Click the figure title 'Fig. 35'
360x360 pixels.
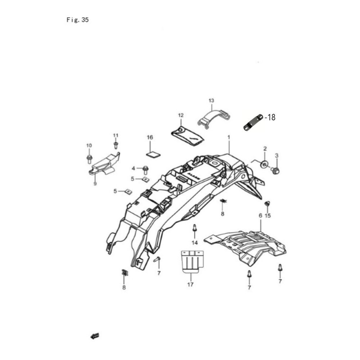[x=77, y=20]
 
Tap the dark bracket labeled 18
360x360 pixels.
[x=253, y=123]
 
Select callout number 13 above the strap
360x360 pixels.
[x=211, y=100]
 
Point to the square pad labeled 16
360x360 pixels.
[x=152, y=154]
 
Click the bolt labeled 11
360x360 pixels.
[x=116, y=145]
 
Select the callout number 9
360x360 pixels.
[x=95, y=184]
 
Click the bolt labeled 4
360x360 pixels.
[x=145, y=168]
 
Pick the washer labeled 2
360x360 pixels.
[x=265, y=164]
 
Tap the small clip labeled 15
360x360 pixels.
[x=267, y=204]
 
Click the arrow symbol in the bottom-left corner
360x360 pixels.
[x=94, y=336]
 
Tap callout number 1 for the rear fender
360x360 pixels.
[x=228, y=137]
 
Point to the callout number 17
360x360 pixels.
[x=190, y=284]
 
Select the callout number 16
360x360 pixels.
[x=150, y=137]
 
